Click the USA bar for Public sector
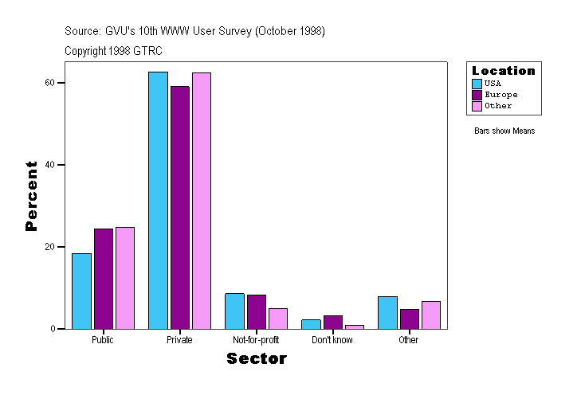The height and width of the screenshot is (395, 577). tap(81, 291)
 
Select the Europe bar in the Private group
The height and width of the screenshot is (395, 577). tap(179, 207)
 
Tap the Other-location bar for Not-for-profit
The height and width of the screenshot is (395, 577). tap(277, 319)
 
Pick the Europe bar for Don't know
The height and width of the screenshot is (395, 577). tap(332, 323)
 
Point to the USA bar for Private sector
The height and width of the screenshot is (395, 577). tap(158, 200)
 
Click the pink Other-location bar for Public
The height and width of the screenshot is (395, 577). tap(125, 278)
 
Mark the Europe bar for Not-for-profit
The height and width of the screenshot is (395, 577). tap(256, 311)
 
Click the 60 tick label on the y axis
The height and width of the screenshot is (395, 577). tap(49, 83)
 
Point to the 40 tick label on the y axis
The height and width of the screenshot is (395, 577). tap(49, 165)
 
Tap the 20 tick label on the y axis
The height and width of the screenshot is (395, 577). tap(49, 247)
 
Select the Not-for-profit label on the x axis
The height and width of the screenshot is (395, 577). tap(256, 340)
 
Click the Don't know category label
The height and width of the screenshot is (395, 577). tap(332, 340)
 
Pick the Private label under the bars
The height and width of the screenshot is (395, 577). tap(179, 340)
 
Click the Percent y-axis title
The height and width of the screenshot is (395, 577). tap(31, 196)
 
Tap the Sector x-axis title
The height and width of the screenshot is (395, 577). tap(257, 359)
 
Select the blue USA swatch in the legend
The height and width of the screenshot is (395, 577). tap(477, 84)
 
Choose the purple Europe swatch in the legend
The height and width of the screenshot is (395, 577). tap(477, 95)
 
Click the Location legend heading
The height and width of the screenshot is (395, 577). tap(504, 71)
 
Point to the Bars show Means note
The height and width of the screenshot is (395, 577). tap(504, 131)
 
